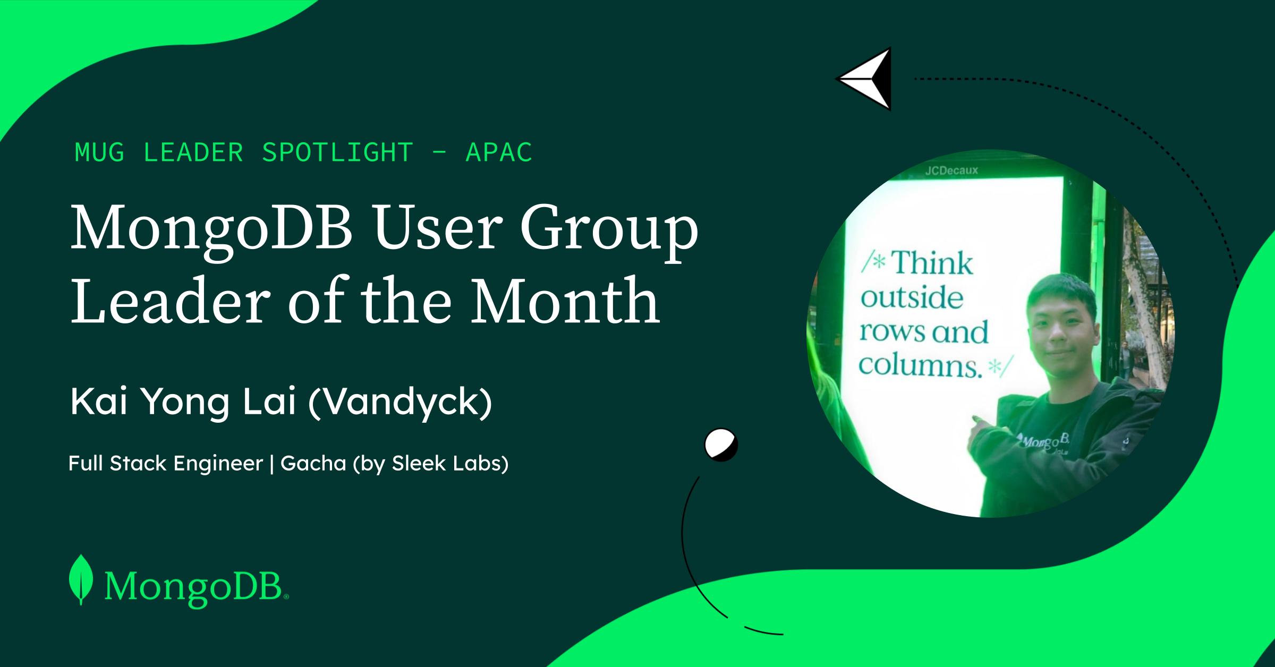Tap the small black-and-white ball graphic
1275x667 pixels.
721,444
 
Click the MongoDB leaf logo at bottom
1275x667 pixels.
81,579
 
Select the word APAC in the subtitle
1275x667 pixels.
499,152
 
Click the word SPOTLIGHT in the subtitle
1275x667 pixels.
337,152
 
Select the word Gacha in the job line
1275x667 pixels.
313,464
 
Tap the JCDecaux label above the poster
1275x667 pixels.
951,171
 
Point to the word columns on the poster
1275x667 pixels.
920,365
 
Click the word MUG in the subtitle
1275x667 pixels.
100,152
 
